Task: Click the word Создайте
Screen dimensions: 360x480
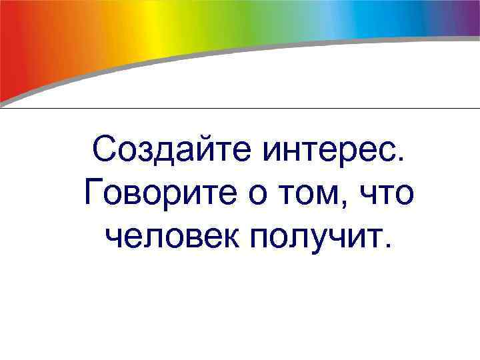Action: point(171,151)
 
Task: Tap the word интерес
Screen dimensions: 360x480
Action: point(327,151)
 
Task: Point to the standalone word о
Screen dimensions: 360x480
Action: point(263,195)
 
